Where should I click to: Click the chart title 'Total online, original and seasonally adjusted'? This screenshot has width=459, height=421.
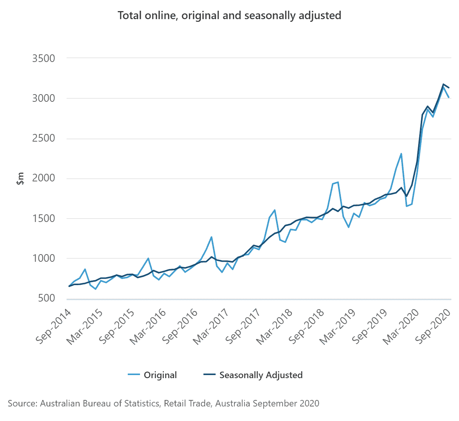(229, 16)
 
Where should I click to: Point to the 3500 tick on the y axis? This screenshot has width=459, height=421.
(44, 59)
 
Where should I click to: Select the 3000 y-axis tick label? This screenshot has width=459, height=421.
(44, 98)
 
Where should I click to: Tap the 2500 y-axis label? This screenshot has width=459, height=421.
(44, 139)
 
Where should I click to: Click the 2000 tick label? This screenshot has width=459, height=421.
(44, 178)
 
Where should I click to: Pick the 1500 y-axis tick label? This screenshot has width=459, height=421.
(44, 219)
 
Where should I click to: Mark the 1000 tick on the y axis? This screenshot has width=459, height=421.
(44, 258)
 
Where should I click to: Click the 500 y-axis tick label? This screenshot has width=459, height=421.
(47, 298)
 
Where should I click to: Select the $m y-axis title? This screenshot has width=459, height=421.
(20, 179)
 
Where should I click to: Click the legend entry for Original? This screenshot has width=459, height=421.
(160, 375)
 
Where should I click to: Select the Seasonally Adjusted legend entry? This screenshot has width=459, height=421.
(260, 375)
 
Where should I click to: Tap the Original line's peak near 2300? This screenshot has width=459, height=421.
(401, 154)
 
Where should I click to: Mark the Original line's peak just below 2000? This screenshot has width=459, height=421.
(338, 182)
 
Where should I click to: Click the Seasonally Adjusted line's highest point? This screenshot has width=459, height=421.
(443, 84)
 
